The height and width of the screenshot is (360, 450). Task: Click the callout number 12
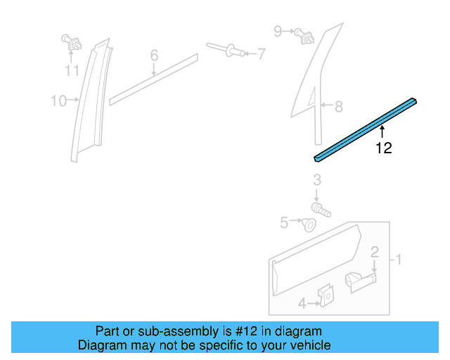[383, 148]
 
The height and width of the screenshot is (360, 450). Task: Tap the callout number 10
[58, 101]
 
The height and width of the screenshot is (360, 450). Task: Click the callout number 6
[154, 55]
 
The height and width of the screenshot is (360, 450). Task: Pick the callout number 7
[261, 53]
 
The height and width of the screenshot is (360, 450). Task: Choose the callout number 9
[278, 30]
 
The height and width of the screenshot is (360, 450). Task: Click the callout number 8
[338, 107]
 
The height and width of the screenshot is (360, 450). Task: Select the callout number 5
[284, 222]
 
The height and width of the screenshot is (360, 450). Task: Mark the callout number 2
[375, 252]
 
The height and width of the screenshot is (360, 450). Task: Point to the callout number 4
[302, 304]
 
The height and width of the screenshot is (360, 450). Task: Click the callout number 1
[398, 260]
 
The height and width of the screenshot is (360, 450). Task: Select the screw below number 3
[321, 209]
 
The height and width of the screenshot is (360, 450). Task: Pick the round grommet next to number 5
[308, 225]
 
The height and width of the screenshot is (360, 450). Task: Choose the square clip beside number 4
[326, 296]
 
